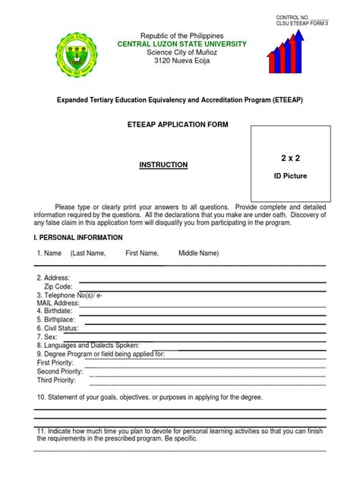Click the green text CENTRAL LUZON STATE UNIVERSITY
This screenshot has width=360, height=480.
(x=182, y=44)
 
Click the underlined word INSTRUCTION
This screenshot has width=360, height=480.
(x=163, y=165)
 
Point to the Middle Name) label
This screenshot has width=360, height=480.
(x=199, y=253)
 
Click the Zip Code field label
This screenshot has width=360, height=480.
(x=58, y=286)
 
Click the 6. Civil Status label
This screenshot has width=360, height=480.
(x=58, y=328)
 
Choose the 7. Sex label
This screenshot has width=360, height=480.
(x=47, y=336)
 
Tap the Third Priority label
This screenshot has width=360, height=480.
(x=56, y=380)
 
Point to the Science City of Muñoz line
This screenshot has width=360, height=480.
(x=182, y=52)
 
